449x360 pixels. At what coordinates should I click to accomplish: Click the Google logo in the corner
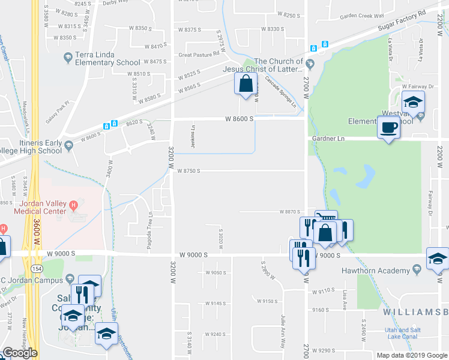[20, 353]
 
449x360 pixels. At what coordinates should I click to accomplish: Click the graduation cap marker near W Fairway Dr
[413, 103]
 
